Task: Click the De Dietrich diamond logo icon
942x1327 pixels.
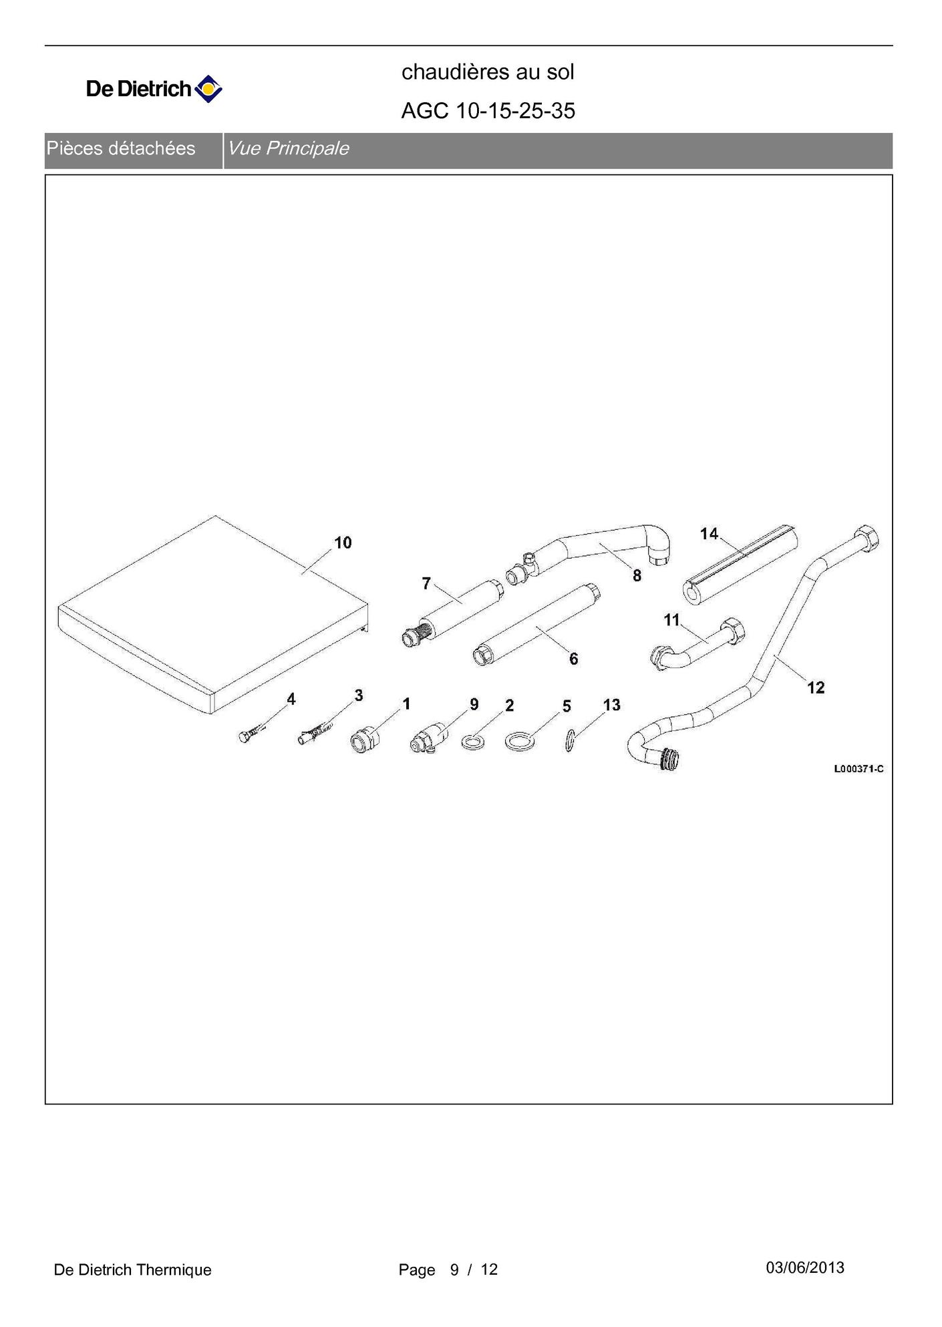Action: (208, 89)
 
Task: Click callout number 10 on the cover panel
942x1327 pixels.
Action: (343, 543)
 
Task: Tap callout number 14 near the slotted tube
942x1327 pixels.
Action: (709, 533)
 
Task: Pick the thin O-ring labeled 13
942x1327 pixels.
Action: (569, 741)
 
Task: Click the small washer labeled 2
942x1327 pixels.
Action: (473, 742)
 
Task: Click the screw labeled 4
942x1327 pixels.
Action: (248, 736)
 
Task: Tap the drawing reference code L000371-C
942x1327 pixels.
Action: (858, 768)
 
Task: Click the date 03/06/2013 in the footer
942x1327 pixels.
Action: (804, 1268)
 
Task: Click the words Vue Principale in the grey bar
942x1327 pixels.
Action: (288, 148)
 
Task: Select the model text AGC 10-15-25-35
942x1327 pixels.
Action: (488, 111)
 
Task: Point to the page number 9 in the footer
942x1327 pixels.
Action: (454, 1270)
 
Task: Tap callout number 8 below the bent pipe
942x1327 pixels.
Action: (637, 575)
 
